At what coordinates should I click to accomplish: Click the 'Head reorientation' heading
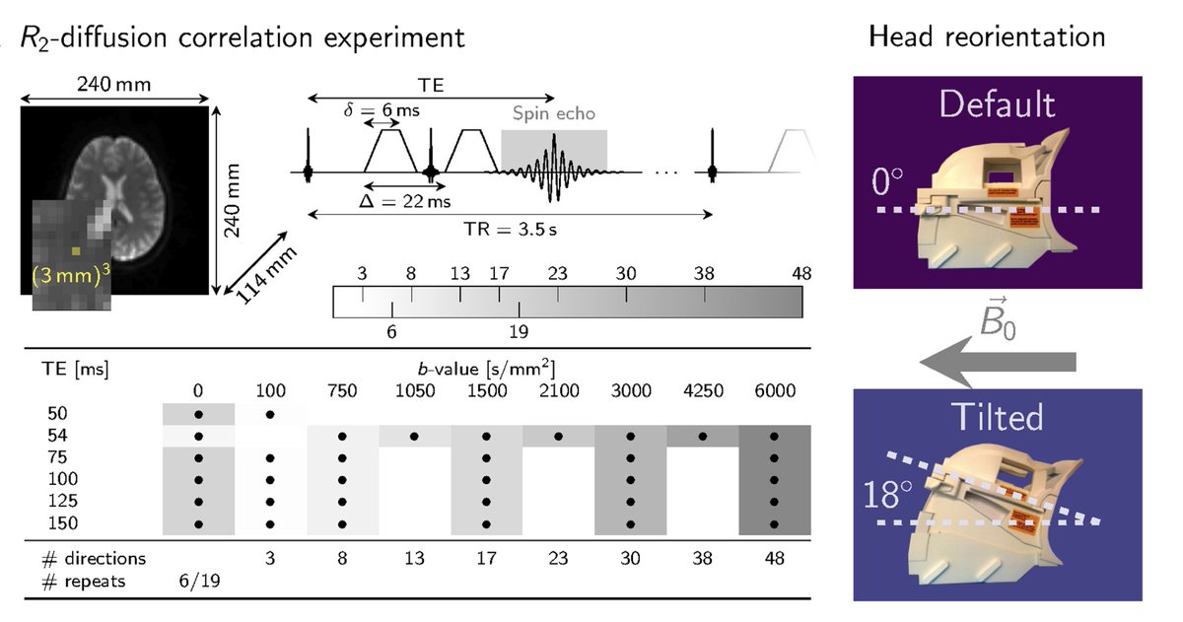(x=987, y=38)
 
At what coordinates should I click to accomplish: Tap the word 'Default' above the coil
(x=997, y=104)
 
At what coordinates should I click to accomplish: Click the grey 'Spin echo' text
(x=553, y=114)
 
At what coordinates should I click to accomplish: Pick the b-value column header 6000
(x=774, y=390)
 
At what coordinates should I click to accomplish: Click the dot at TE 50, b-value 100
(x=270, y=414)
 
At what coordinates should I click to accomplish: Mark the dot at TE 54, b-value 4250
(x=702, y=436)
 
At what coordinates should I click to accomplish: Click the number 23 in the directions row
(x=558, y=559)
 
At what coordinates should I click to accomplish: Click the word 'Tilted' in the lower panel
(x=997, y=417)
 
